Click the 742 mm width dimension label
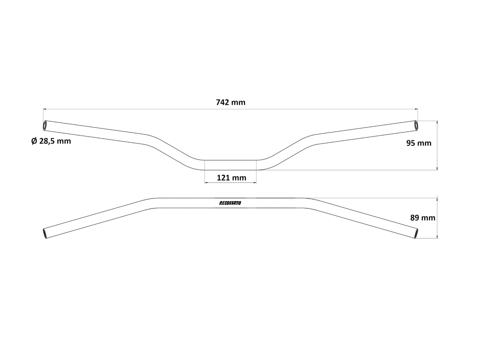coord(231,102)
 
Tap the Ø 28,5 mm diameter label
coord(51,141)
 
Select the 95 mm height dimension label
coord(419,143)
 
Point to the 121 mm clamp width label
coord(231,178)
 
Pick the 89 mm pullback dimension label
coord(423,217)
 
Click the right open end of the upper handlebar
coord(416,125)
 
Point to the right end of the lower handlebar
coord(416,233)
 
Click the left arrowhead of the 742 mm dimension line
coord(45,109)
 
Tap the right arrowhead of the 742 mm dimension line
coord(416,109)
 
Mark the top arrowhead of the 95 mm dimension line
coord(437,122)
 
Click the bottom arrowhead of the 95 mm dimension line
coord(437,169)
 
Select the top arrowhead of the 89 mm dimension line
coord(437,199)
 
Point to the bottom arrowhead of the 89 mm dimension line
coord(437,237)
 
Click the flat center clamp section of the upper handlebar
coord(230,165)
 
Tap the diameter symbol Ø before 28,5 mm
coord(34,141)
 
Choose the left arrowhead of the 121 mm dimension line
coord(206,183)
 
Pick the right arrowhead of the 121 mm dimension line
coord(255,183)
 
